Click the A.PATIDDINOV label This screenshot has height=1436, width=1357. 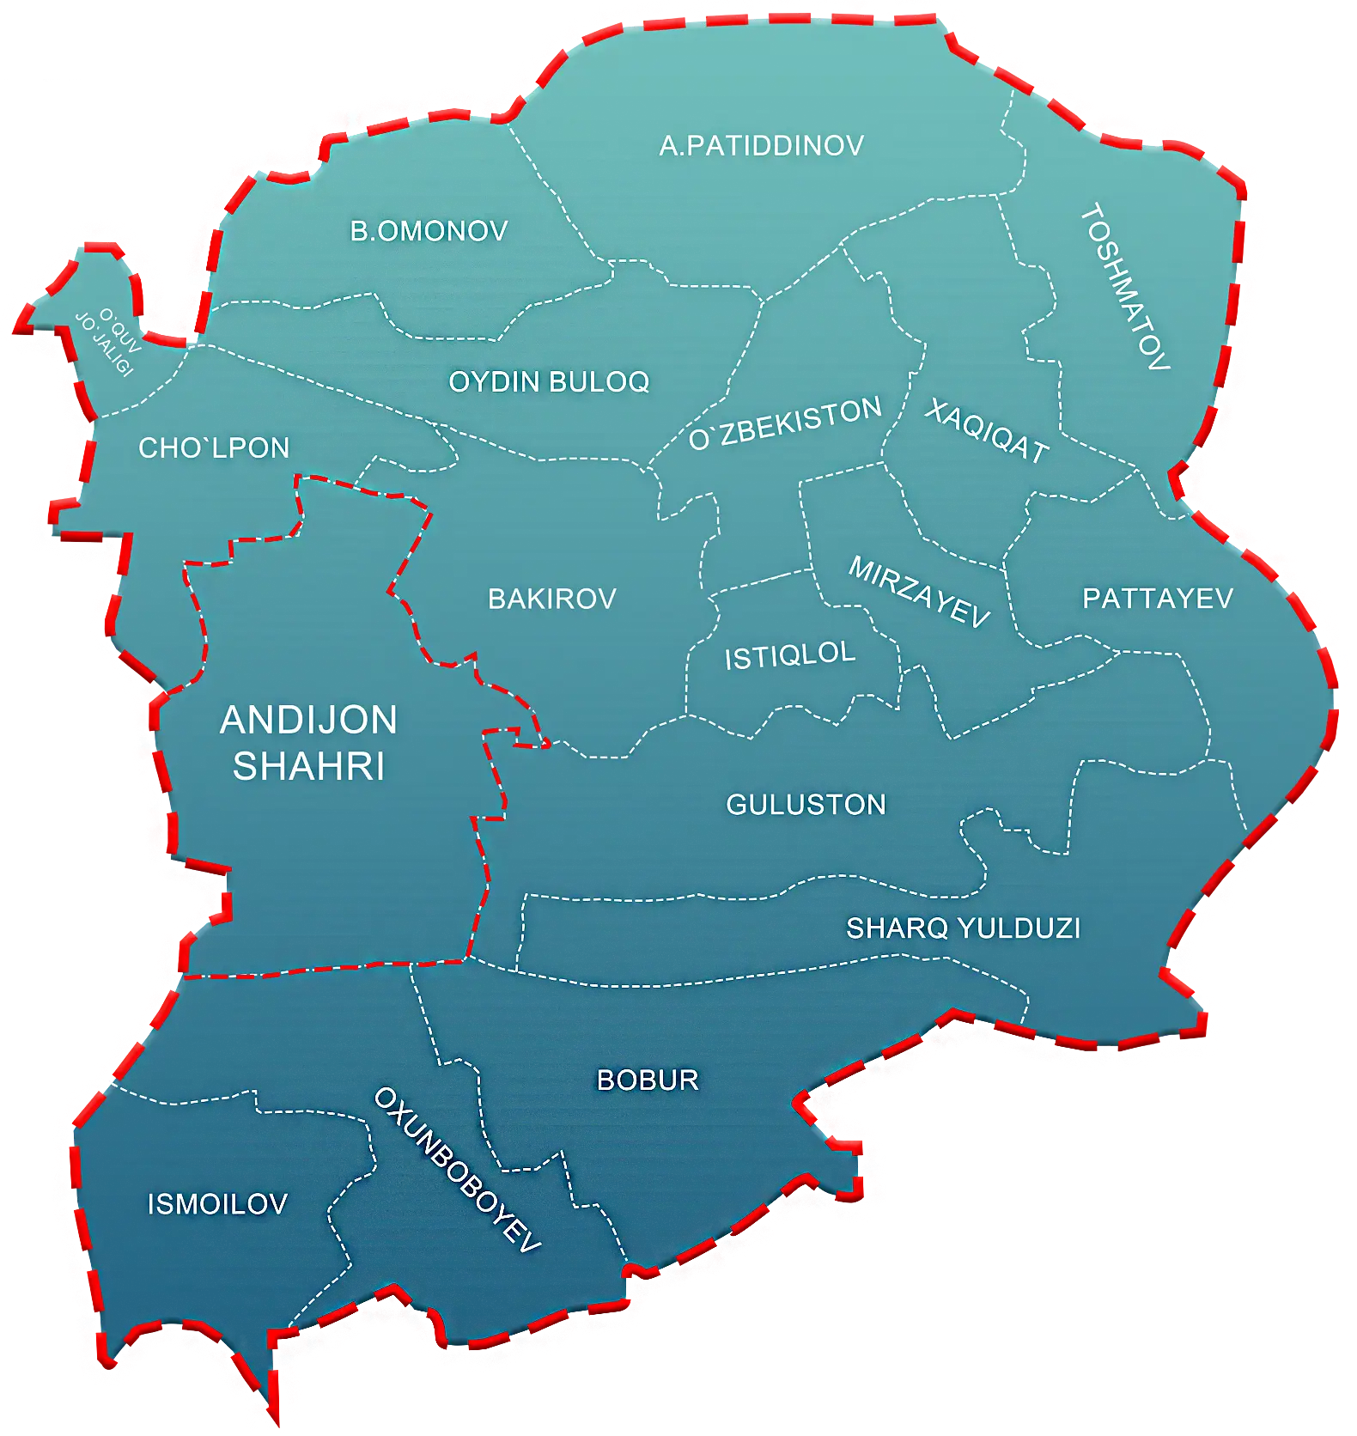coord(762,146)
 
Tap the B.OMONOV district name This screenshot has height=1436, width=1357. coord(429,231)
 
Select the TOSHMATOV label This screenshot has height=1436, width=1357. coord(1125,287)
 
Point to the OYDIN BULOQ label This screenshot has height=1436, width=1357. coord(549,382)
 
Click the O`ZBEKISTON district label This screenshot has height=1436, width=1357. coord(786,423)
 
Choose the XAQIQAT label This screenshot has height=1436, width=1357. coord(987,431)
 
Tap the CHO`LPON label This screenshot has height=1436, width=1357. coord(214,448)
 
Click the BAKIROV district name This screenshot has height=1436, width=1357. coord(552,599)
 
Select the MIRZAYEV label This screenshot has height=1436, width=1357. coord(919,592)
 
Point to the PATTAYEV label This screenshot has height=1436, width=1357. coord(1158,599)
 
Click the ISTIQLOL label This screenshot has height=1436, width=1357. coord(790,655)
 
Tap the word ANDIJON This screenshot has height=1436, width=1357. coord(309,720)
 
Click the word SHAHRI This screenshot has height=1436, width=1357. coord(309,767)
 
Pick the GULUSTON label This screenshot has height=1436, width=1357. coord(806,805)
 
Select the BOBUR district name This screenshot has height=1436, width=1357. coord(648,1080)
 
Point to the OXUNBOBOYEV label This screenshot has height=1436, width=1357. coord(457,1170)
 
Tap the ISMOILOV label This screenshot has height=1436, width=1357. coord(217,1204)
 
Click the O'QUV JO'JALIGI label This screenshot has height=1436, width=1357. coord(108,342)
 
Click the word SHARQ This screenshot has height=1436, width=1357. coord(898,928)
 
